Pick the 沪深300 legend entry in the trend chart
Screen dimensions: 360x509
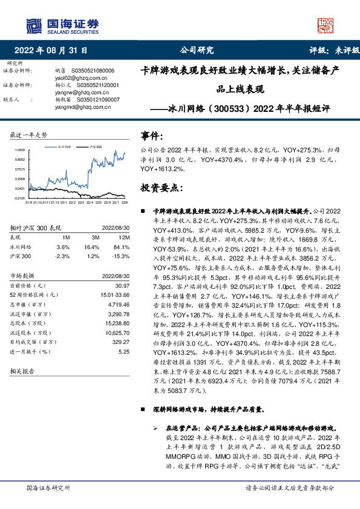coord(94,147)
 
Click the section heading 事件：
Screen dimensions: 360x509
coord(151,135)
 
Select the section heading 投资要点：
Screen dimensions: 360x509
coord(161,189)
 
